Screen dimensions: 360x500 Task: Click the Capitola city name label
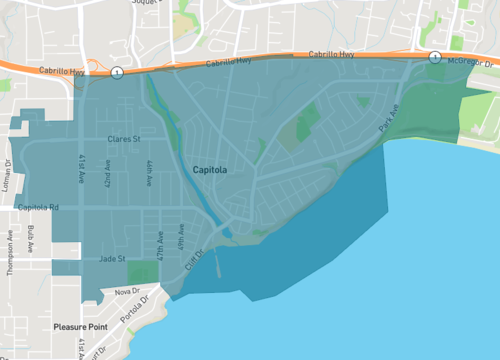point(210,171)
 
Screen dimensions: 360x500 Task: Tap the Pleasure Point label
point(85,327)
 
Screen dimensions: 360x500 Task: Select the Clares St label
point(125,139)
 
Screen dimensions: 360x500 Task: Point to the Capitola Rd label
point(39,207)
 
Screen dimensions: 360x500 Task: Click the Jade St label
point(111,258)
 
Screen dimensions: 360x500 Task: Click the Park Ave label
point(388,122)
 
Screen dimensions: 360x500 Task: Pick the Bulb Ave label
point(32,239)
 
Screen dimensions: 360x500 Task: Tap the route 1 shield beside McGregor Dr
point(434,57)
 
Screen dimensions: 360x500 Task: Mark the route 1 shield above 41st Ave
point(118,72)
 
